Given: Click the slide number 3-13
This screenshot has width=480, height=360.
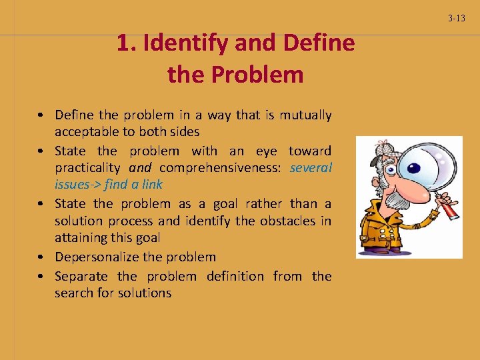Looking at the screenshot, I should tap(457, 19).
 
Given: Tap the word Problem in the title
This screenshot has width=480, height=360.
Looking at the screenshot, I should tap(257, 75).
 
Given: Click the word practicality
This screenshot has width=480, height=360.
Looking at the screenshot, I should tap(87, 167).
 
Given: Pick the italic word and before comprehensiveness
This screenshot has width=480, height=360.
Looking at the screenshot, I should tap(140, 167).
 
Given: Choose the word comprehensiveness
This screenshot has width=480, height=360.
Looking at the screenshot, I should tap(221, 167).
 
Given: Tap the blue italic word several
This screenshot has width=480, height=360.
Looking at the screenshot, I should tap(311, 167).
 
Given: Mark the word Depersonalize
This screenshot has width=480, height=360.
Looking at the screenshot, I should tap(97, 257).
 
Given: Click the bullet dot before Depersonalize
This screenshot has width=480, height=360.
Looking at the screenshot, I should tap(41, 257).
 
